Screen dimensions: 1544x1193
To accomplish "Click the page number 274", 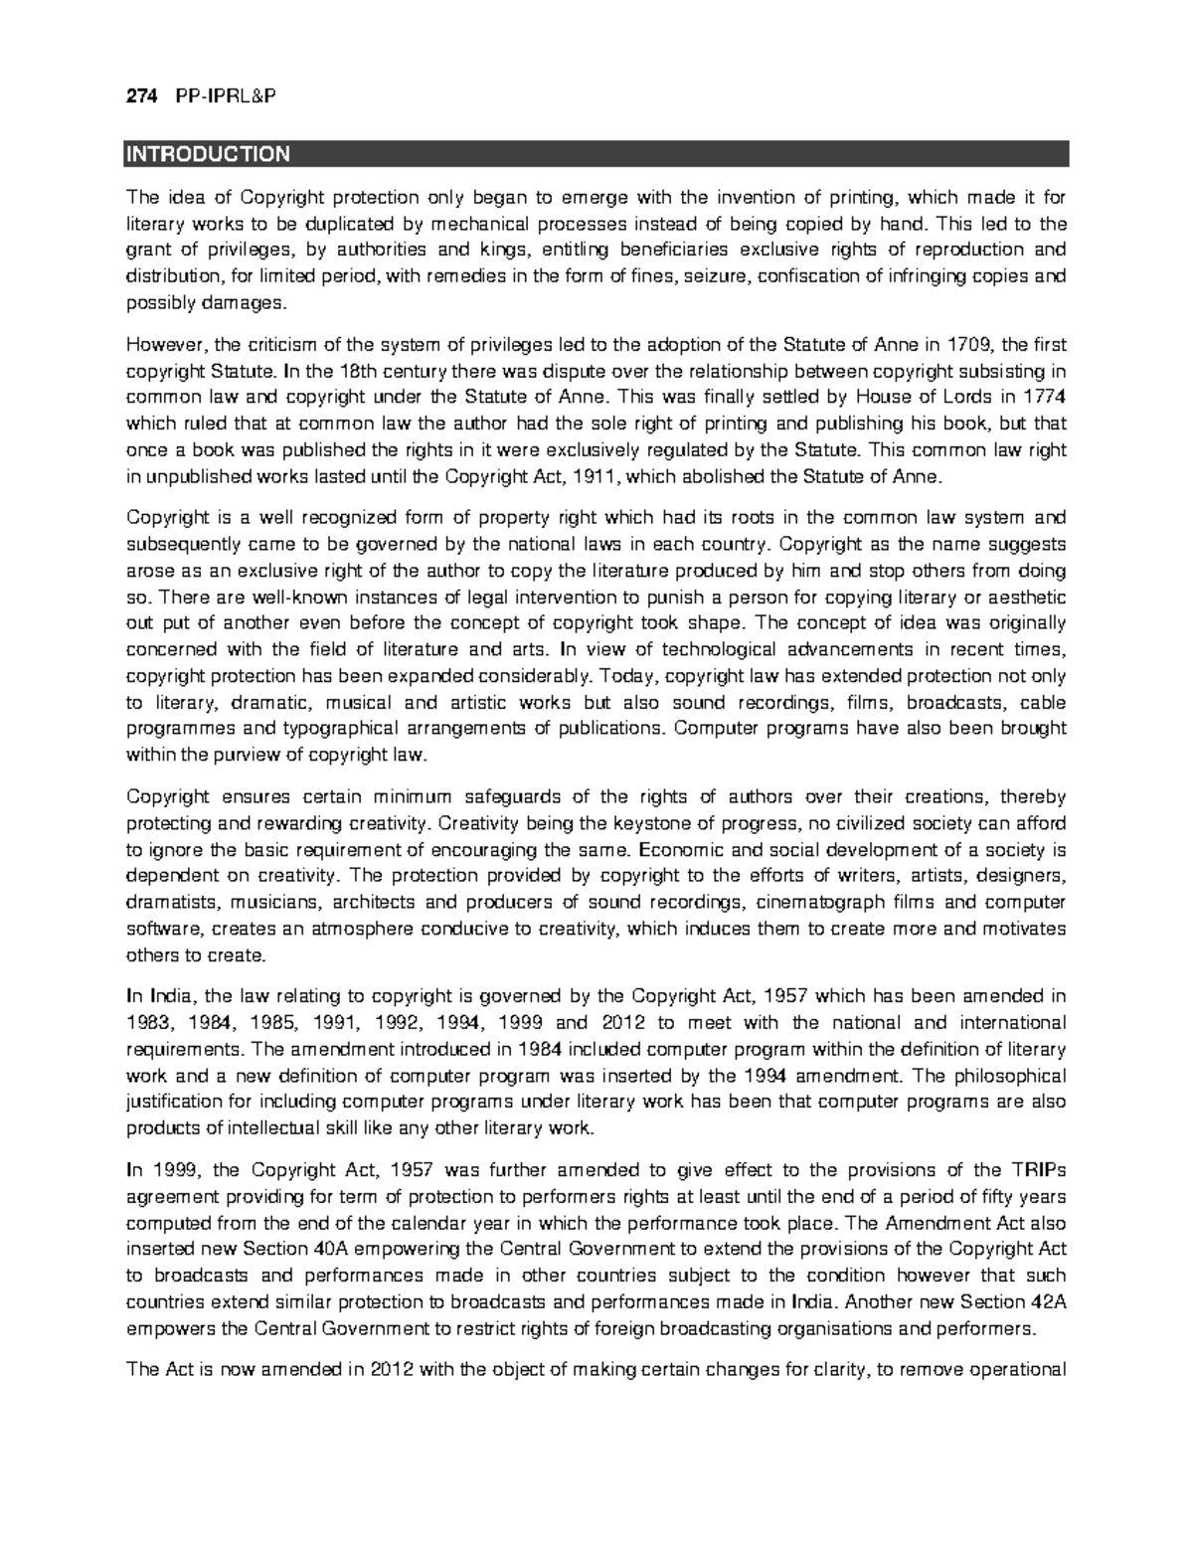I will pos(140,96).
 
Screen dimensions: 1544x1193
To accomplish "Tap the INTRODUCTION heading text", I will pos(207,154).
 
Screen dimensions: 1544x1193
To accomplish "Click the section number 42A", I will pos(1047,1302).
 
